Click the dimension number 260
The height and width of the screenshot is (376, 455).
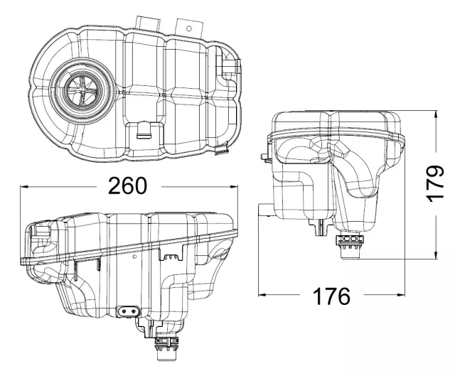127,186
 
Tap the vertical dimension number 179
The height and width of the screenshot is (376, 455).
436,184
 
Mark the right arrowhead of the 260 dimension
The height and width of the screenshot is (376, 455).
237,187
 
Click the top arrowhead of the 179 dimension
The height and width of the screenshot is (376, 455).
435,112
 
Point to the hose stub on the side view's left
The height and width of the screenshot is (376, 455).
263,210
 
